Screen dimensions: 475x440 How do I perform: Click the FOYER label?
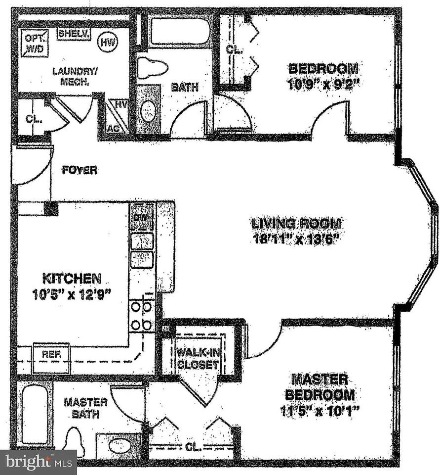point(79,170)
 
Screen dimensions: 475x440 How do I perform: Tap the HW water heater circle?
point(107,43)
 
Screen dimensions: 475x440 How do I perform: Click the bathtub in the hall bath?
point(180,31)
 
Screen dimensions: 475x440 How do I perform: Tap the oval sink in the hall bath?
point(148,111)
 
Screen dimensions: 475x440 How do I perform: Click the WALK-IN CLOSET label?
point(198,359)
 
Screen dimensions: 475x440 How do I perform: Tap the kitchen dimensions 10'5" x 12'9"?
point(72,295)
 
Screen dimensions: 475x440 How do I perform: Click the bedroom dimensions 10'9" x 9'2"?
point(323,83)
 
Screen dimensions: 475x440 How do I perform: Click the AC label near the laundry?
point(114,128)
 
